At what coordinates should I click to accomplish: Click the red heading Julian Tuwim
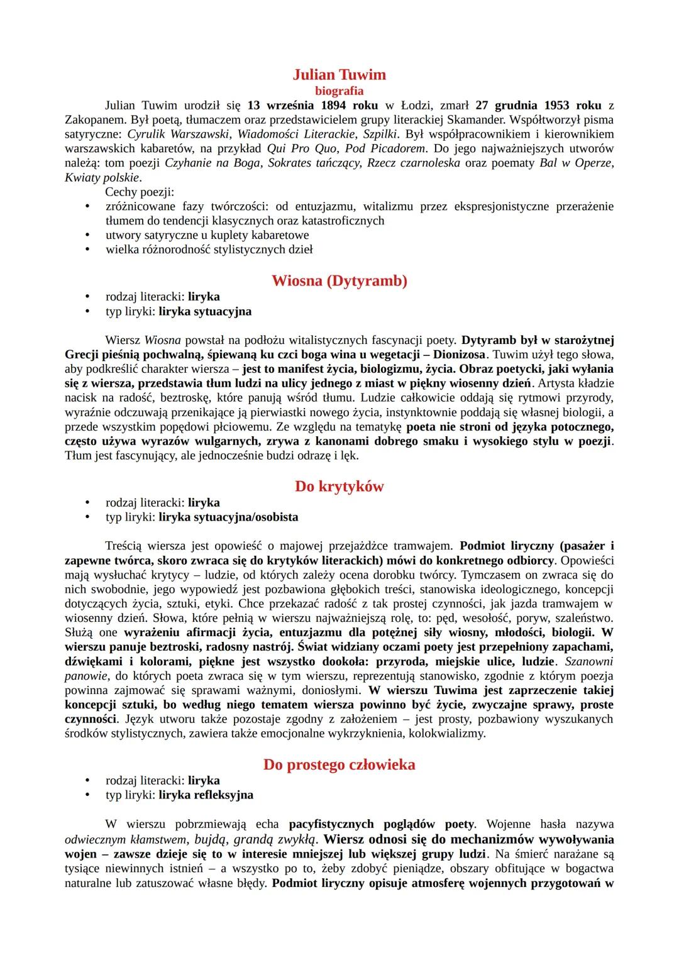339,75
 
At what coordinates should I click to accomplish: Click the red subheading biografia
339,91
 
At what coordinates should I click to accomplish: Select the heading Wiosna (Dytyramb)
339,281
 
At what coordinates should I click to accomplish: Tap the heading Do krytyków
339,487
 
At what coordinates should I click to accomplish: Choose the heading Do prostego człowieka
339,765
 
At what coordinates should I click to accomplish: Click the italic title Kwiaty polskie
102,177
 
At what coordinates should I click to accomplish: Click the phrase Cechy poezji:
139,192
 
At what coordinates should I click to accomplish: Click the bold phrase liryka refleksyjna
206,795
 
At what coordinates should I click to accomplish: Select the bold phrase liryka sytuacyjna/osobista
228,517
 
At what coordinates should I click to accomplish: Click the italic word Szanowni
588,661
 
